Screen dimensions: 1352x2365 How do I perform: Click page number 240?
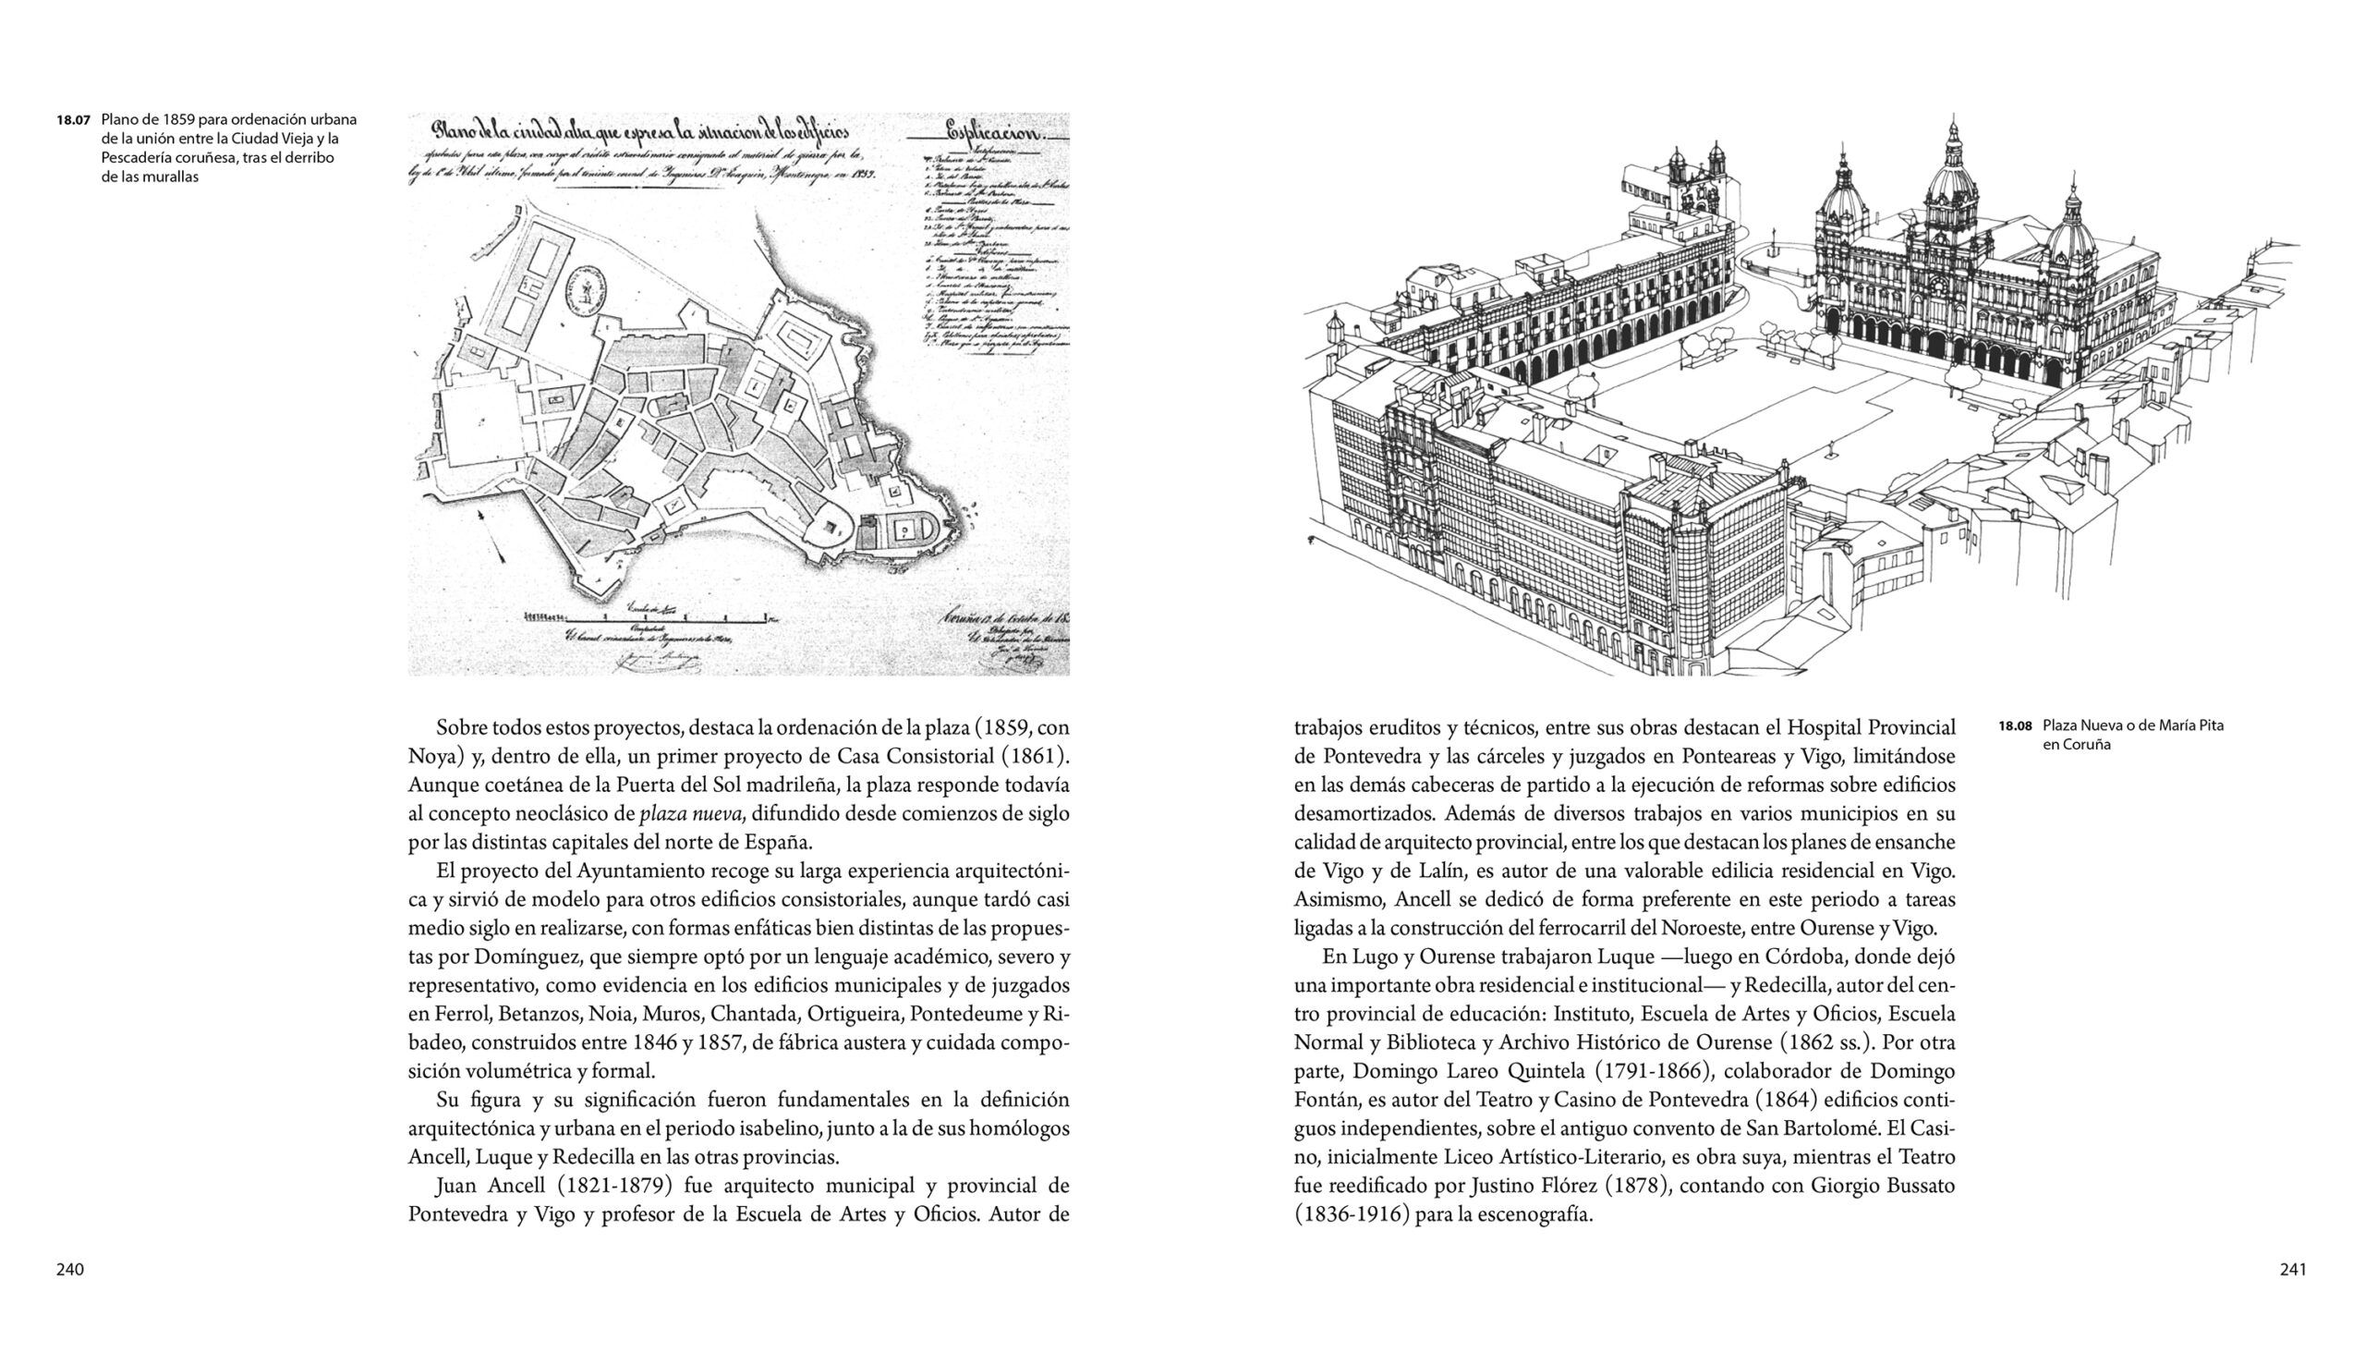(69, 1270)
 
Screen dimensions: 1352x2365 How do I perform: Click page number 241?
(2293, 1270)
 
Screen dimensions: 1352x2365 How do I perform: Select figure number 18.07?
(72, 120)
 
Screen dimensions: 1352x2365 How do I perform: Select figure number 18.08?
(2015, 725)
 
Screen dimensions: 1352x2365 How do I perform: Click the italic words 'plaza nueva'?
(692, 814)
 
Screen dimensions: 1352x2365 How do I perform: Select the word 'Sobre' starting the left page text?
(460, 728)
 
